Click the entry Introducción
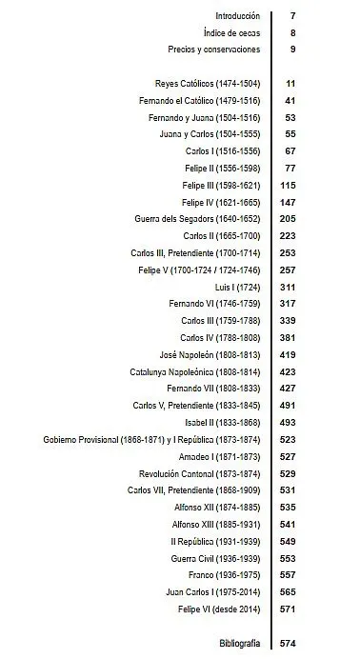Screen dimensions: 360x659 pyautogui.click(x=237, y=16)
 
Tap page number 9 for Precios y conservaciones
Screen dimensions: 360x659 pyautogui.click(x=292, y=49)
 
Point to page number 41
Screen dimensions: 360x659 pyautogui.click(x=290, y=100)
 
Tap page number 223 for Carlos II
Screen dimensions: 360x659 pyautogui.click(x=288, y=236)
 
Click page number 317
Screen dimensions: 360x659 pyautogui.click(x=288, y=304)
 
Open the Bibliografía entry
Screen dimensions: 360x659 pyautogui.click(x=239, y=644)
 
